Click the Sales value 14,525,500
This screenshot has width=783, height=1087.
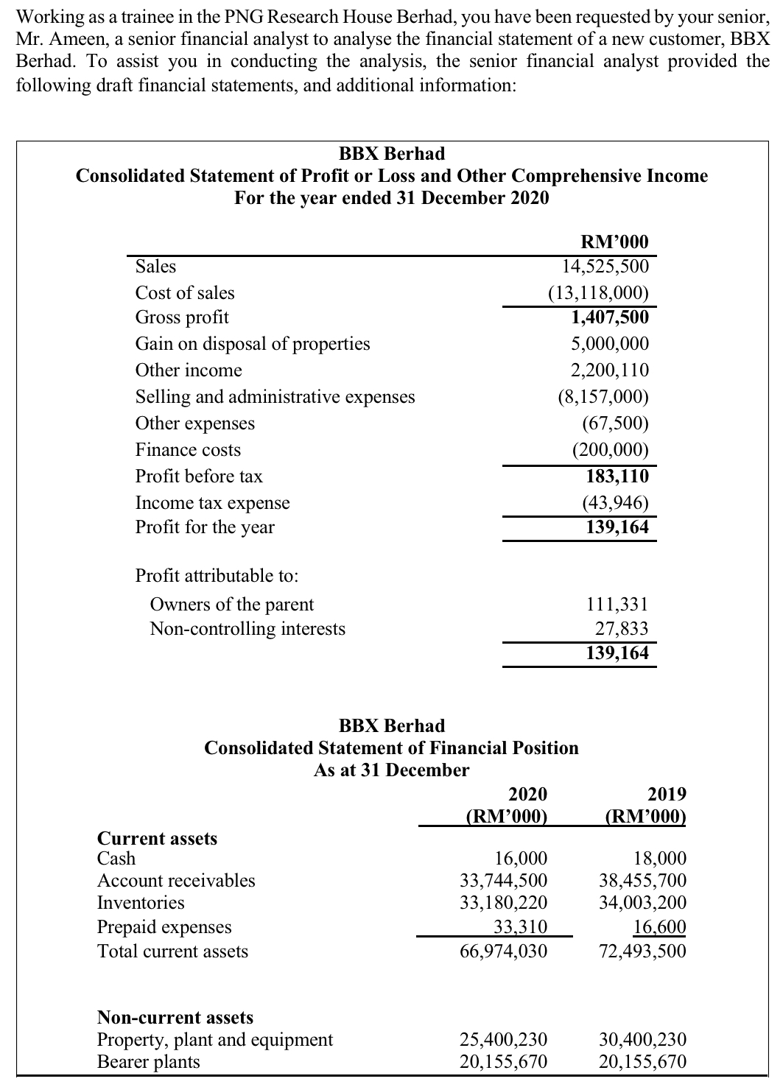(x=605, y=266)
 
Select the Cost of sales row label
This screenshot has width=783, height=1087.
(x=185, y=293)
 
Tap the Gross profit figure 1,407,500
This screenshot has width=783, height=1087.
(x=610, y=317)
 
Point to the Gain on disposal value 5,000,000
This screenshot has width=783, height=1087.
(x=610, y=344)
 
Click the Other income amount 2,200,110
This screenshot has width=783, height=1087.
(x=610, y=370)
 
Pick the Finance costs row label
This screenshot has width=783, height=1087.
(x=188, y=450)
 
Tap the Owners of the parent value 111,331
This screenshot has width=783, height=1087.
(x=617, y=605)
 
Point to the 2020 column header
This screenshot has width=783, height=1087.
(x=528, y=794)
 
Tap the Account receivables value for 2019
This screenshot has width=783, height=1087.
(x=642, y=881)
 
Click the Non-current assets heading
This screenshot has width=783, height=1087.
(x=175, y=1018)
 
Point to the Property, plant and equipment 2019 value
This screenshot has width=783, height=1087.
(x=642, y=1040)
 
